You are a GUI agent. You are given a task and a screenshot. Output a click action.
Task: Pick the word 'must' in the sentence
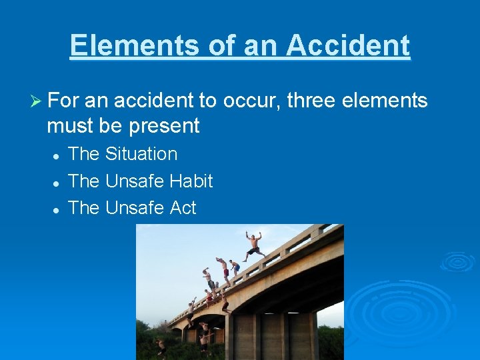point(68,125)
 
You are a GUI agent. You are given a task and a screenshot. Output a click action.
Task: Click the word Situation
point(141,154)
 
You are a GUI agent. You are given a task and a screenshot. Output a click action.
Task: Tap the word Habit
point(191,181)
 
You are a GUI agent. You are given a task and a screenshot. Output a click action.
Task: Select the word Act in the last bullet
point(183,208)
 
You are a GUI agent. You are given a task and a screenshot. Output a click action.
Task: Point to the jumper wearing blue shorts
point(235,267)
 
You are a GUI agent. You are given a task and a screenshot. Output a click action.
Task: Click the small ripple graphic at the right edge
point(457,261)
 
